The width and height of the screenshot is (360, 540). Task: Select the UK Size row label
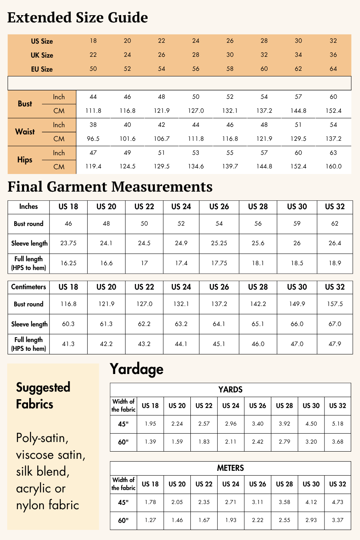pyautogui.click(x=42, y=55)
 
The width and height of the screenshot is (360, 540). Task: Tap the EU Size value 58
pyautogui.click(x=230, y=69)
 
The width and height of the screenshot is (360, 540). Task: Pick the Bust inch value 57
pyautogui.click(x=298, y=97)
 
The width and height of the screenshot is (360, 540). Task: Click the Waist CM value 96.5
pyautogui.click(x=93, y=139)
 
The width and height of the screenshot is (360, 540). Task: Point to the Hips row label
pyautogui.click(x=25, y=160)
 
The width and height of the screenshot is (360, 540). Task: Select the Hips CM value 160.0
pyautogui.click(x=333, y=166)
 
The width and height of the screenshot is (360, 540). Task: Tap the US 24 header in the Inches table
pyautogui.click(x=181, y=207)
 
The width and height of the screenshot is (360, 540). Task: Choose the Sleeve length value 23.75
pyautogui.click(x=68, y=243)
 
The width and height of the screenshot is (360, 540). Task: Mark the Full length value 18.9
pyautogui.click(x=335, y=263)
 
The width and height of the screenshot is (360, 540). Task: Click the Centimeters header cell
pyautogui.click(x=28, y=287)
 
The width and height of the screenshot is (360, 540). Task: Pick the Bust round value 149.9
pyautogui.click(x=297, y=304)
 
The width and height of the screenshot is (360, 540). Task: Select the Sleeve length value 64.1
pyautogui.click(x=219, y=324)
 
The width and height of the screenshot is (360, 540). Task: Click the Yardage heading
pyautogui.click(x=136, y=369)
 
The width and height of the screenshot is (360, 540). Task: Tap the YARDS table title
pyautogui.click(x=230, y=390)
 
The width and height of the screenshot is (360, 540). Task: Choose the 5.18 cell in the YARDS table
pyautogui.click(x=338, y=424)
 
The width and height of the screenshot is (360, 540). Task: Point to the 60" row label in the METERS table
pyautogui.click(x=123, y=520)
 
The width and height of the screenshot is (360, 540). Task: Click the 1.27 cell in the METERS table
pyautogui.click(x=150, y=520)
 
